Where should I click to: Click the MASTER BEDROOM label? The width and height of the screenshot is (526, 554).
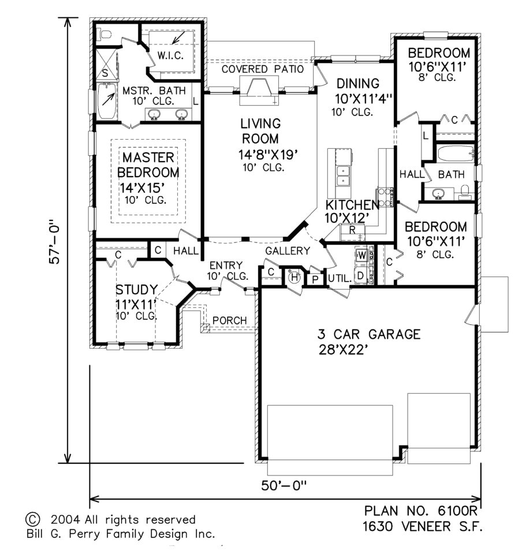(148, 165)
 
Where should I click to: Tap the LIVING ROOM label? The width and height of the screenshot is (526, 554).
(260, 132)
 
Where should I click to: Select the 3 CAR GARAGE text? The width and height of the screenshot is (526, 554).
(368, 334)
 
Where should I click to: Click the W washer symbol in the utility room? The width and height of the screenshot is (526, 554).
(361, 254)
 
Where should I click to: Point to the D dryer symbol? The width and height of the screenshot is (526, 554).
(361, 275)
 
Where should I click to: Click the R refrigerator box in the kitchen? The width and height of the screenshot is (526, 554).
(351, 230)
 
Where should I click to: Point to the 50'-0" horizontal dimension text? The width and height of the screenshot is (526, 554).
(283, 486)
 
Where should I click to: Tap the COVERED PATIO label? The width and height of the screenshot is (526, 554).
(263, 69)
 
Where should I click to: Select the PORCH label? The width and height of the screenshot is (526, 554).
(229, 320)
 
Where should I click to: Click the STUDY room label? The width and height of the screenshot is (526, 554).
(136, 289)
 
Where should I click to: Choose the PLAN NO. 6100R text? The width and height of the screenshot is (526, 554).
(422, 511)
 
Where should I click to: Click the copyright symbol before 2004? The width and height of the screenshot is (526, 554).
(33, 519)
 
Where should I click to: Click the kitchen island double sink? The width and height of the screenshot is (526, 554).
(343, 176)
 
